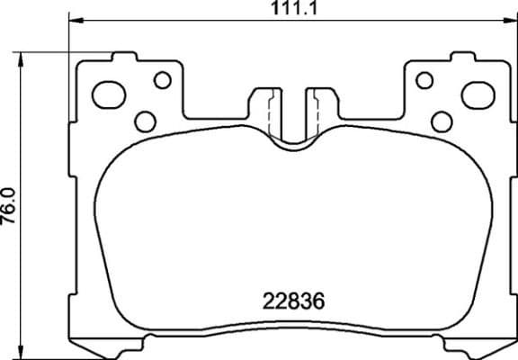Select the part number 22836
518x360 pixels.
[290, 299]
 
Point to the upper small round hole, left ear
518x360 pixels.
[162, 80]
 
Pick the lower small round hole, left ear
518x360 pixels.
[143, 121]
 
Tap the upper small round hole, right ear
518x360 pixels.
[424, 80]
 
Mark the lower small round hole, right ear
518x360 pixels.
[442, 121]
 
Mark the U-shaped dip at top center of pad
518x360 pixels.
[291, 139]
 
